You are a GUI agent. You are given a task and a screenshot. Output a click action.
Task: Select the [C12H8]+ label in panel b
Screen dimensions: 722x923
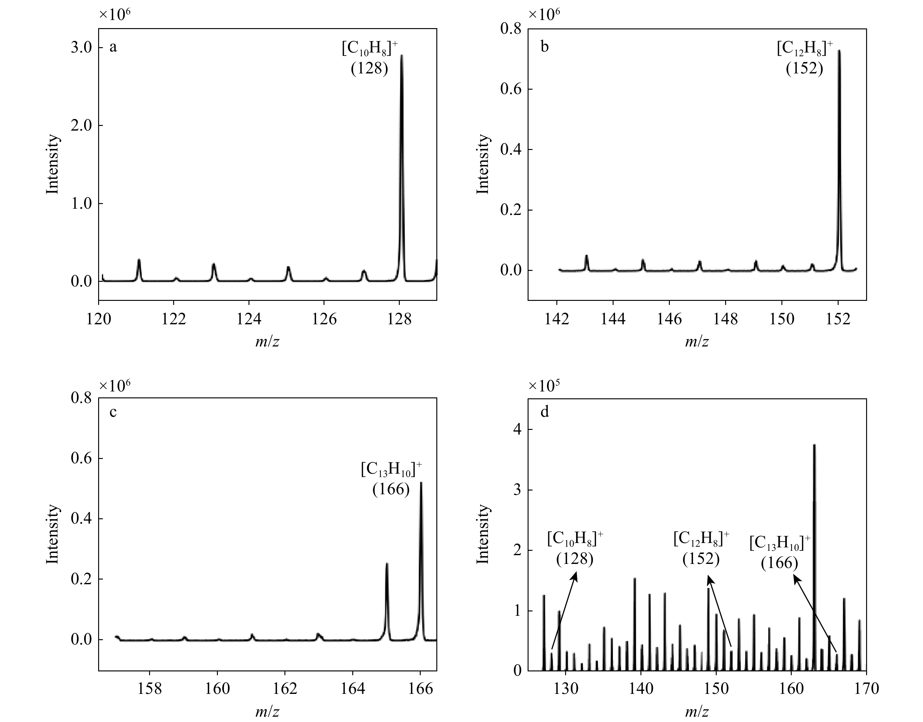[x=804, y=49]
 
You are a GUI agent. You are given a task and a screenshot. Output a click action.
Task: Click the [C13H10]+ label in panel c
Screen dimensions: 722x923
[x=391, y=470]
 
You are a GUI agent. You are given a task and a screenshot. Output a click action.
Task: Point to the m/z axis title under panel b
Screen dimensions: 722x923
[x=696, y=341]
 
